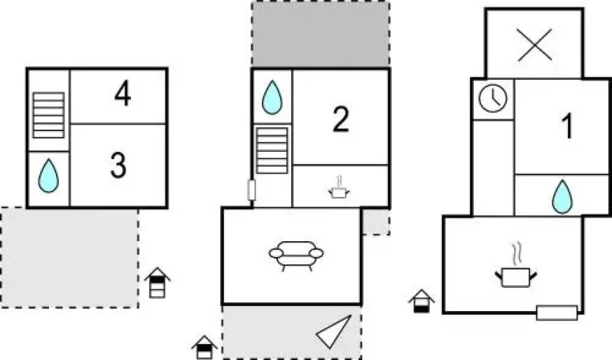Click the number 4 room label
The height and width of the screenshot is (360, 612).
(x=122, y=94)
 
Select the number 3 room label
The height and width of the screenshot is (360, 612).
(x=118, y=165)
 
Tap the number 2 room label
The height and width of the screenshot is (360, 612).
(x=341, y=120)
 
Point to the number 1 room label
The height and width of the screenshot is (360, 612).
(x=567, y=126)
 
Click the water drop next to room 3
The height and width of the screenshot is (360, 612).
(x=48, y=176)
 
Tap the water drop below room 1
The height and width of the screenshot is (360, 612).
(x=562, y=197)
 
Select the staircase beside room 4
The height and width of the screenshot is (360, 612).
(x=48, y=115)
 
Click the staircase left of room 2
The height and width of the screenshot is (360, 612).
(x=272, y=150)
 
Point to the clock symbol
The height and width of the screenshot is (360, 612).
(x=493, y=99)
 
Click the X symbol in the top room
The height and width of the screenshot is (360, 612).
(x=534, y=45)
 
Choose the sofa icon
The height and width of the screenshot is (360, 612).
(x=296, y=256)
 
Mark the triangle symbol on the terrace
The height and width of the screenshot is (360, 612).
(x=333, y=332)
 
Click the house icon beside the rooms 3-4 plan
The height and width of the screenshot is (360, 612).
(x=157, y=282)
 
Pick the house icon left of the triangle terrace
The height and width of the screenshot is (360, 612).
(x=204, y=347)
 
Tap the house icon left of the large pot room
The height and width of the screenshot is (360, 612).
(x=421, y=301)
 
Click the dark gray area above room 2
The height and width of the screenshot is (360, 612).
(x=320, y=35)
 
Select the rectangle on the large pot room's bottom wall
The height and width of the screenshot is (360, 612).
(x=557, y=312)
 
